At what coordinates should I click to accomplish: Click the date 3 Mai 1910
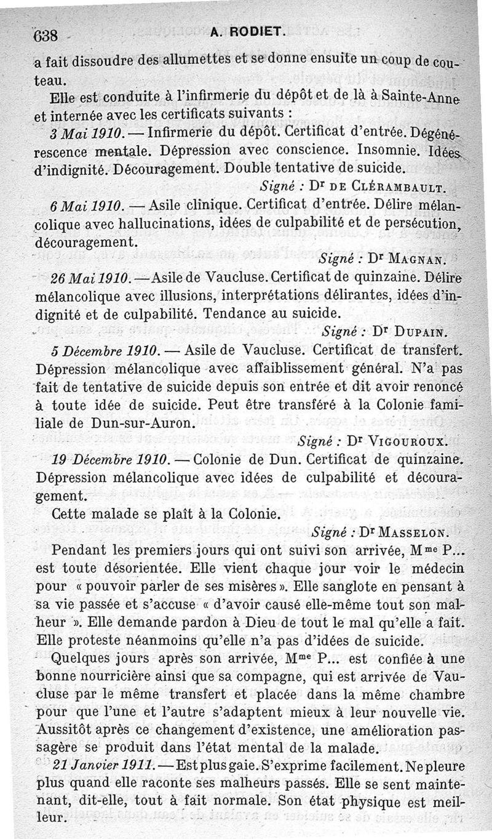pyautogui.click(x=87, y=133)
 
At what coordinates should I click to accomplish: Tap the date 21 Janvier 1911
pyautogui.click(x=104, y=766)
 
